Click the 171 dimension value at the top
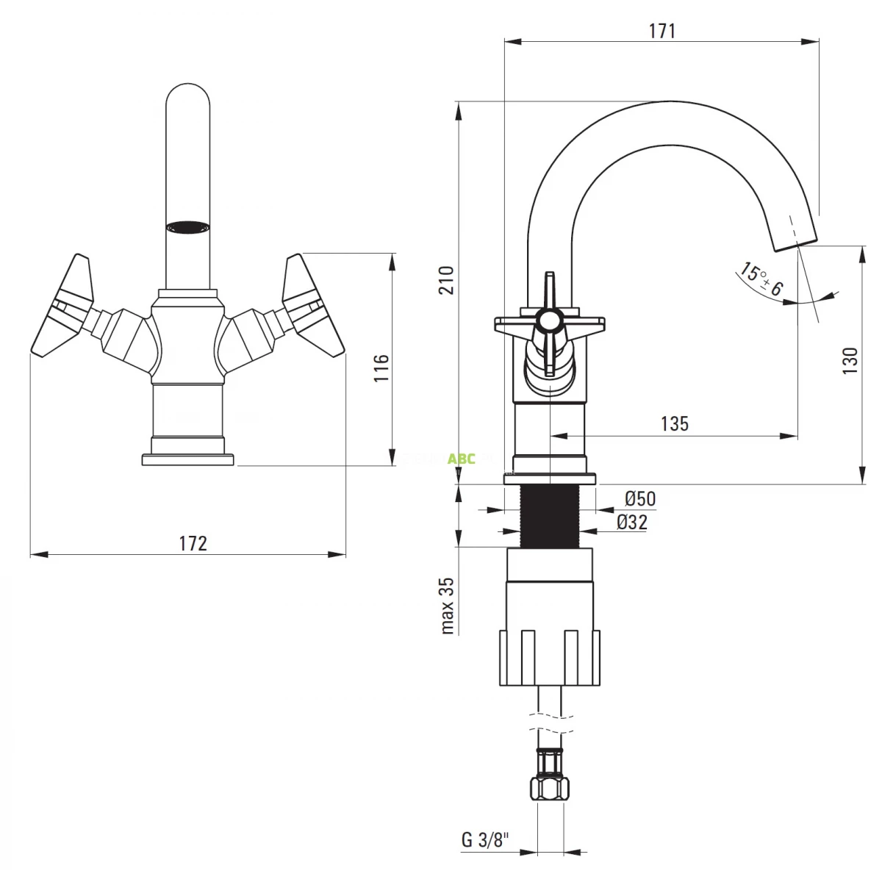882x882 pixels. click(x=661, y=31)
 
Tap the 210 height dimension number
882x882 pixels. click(x=446, y=279)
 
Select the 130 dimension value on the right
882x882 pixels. click(x=850, y=361)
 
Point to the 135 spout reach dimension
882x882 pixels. click(x=674, y=423)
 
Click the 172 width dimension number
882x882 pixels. click(x=193, y=543)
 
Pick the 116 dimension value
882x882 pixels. click(x=381, y=367)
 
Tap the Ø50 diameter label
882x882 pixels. click(x=640, y=498)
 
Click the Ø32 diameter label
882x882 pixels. click(x=632, y=522)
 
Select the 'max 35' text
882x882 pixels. click(x=447, y=605)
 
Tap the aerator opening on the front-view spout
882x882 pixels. click(x=187, y=227)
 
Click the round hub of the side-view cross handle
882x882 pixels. click(x=549, y=320)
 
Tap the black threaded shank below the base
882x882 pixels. click(x=550, y=516)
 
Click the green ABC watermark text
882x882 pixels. click(x=462, y=459)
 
